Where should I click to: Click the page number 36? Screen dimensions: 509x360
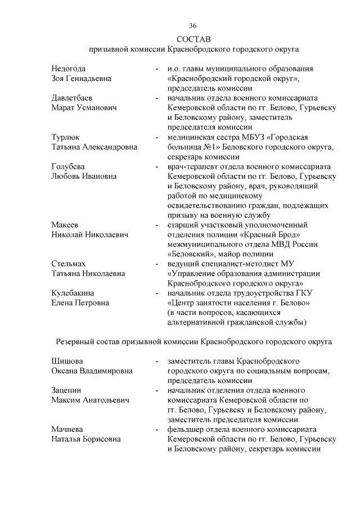[x=193, y=26]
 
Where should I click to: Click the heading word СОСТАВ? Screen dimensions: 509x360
[x=193, y=39]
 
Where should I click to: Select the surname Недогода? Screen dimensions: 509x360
[x=69, y=68]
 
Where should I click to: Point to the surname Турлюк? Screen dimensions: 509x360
[x=65, y=137]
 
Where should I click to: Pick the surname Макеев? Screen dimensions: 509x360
[x=64, y=224]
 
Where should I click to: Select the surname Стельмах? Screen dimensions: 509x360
[x=69, y=263]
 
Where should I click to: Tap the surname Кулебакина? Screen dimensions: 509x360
[x=73, y=293]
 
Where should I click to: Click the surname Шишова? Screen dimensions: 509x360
[x=67, y=361]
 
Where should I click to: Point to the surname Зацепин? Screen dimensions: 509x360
[x=66, y=390]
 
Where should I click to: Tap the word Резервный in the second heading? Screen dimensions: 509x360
[x=75, y=341]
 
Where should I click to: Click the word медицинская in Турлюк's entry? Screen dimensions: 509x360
[x=191, y=137]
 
